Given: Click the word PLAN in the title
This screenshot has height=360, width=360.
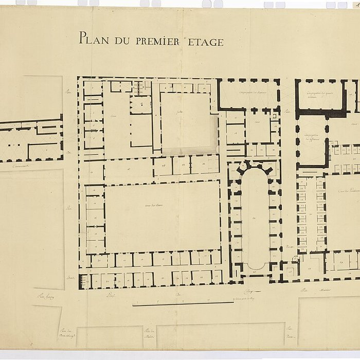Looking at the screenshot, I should [92, 38].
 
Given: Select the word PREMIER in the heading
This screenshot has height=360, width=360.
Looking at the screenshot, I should [157, 40].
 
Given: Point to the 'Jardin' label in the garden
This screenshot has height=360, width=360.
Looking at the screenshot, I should [180, 112].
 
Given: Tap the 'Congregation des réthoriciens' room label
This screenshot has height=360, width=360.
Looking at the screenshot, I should [310, 137].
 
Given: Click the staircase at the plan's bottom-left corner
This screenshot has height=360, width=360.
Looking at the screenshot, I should [84, 281].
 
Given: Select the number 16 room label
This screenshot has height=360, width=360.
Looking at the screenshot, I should [113, 168].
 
